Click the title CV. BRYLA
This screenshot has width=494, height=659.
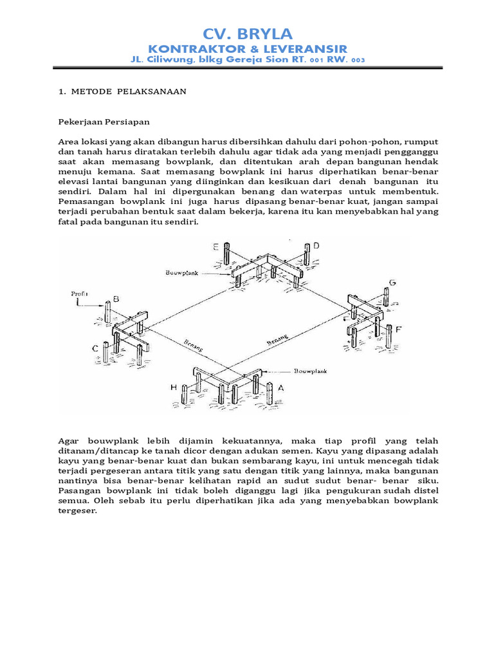tap(248, 34)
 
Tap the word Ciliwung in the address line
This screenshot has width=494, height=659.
tap(171, 60)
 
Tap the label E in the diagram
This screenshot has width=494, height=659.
tap(216, 246)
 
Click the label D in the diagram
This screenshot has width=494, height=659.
tap(316, 246)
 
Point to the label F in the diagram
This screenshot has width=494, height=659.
tap(399, 329)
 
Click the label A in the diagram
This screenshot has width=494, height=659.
tap(280, 388)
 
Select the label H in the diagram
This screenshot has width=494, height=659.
tap(174, 387)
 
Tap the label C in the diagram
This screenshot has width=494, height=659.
tap(95, 348)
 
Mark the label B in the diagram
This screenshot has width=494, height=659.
tap(116, 299)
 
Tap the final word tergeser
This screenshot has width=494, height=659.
tap(77, 512)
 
